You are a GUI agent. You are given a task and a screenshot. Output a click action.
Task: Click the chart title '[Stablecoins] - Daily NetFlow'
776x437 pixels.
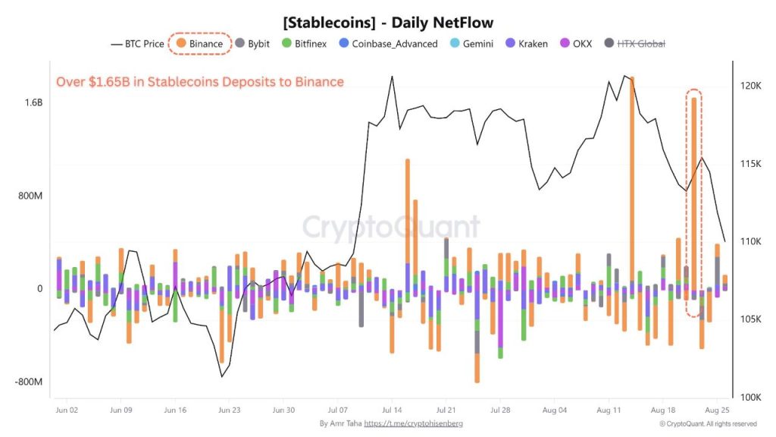387,23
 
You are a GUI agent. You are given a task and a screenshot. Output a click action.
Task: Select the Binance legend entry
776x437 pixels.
199,44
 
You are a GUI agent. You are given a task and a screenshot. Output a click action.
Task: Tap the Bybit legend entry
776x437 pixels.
252,44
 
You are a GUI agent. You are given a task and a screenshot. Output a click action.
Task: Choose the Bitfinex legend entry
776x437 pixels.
304,44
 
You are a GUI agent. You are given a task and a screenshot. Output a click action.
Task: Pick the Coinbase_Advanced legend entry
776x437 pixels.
388,44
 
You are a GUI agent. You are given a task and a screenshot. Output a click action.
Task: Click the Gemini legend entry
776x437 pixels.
471,44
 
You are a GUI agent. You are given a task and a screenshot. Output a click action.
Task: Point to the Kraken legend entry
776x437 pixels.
525,44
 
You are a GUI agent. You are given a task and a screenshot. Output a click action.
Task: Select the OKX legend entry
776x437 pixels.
575,44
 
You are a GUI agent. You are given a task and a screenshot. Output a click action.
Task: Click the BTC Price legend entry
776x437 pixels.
137,44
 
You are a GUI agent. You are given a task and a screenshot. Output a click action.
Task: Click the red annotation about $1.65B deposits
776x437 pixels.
200,82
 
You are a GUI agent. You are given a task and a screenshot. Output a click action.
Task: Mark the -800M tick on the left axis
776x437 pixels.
29,382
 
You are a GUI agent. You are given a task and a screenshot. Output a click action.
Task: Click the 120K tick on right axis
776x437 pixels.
750,86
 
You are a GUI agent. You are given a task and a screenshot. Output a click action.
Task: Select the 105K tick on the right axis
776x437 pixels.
750,319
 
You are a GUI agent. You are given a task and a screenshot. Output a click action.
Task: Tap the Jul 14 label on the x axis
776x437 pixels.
392,410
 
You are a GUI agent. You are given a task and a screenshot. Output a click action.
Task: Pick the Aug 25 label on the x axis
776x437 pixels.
717,410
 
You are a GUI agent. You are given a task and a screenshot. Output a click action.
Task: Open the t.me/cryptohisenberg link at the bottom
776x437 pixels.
413,423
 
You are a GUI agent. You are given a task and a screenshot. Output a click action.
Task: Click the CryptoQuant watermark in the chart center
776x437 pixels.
392,227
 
